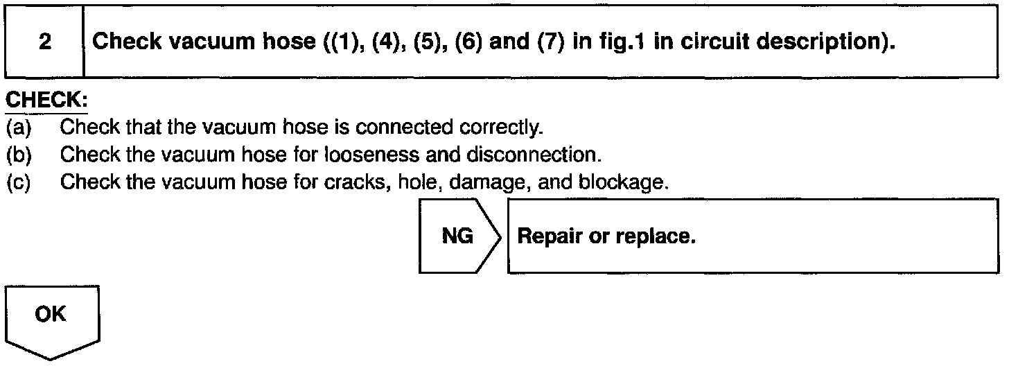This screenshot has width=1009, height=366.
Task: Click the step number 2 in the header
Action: tap(44, 43)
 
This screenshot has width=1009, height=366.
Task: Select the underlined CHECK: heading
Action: tap(45, 101)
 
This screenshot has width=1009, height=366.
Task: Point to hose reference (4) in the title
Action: tap(384, 43)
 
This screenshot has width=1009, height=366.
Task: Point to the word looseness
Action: tap(357, 155)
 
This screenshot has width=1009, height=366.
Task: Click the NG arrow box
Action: tap(458, 237)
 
